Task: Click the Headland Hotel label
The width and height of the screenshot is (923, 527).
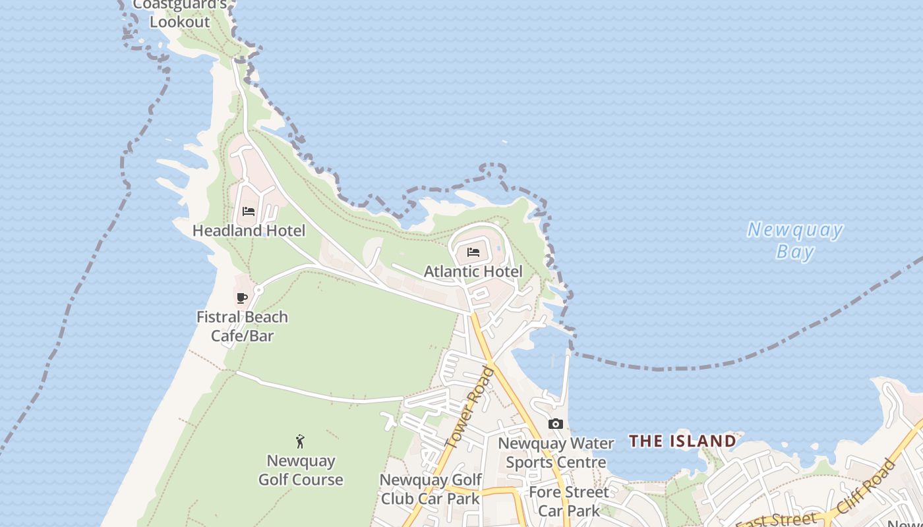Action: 249,231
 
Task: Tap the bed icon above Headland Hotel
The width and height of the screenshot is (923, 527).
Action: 249,211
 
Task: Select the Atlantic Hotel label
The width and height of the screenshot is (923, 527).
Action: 473,271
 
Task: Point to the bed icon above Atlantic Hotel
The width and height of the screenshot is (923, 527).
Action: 473,252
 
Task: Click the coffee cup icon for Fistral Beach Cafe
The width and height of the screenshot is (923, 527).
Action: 242,298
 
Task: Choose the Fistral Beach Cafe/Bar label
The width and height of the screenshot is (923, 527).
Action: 243,326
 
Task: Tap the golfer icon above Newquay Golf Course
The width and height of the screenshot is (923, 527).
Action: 301,441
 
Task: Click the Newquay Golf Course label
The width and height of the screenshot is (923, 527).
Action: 301,470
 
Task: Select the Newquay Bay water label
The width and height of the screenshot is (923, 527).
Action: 794,240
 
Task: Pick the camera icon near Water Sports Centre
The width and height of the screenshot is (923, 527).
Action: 556,424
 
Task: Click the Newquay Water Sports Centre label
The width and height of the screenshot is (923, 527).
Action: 556,453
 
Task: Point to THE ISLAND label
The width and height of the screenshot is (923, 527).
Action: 682,441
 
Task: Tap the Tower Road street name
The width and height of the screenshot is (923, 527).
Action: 470,408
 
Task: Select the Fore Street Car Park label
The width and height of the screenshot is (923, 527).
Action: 569,501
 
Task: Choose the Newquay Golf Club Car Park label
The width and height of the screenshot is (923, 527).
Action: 431,489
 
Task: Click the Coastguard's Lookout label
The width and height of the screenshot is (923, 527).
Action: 180,13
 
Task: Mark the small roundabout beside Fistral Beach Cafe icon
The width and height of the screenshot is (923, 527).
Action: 258,290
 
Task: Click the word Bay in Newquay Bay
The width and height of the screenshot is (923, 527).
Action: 795,252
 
